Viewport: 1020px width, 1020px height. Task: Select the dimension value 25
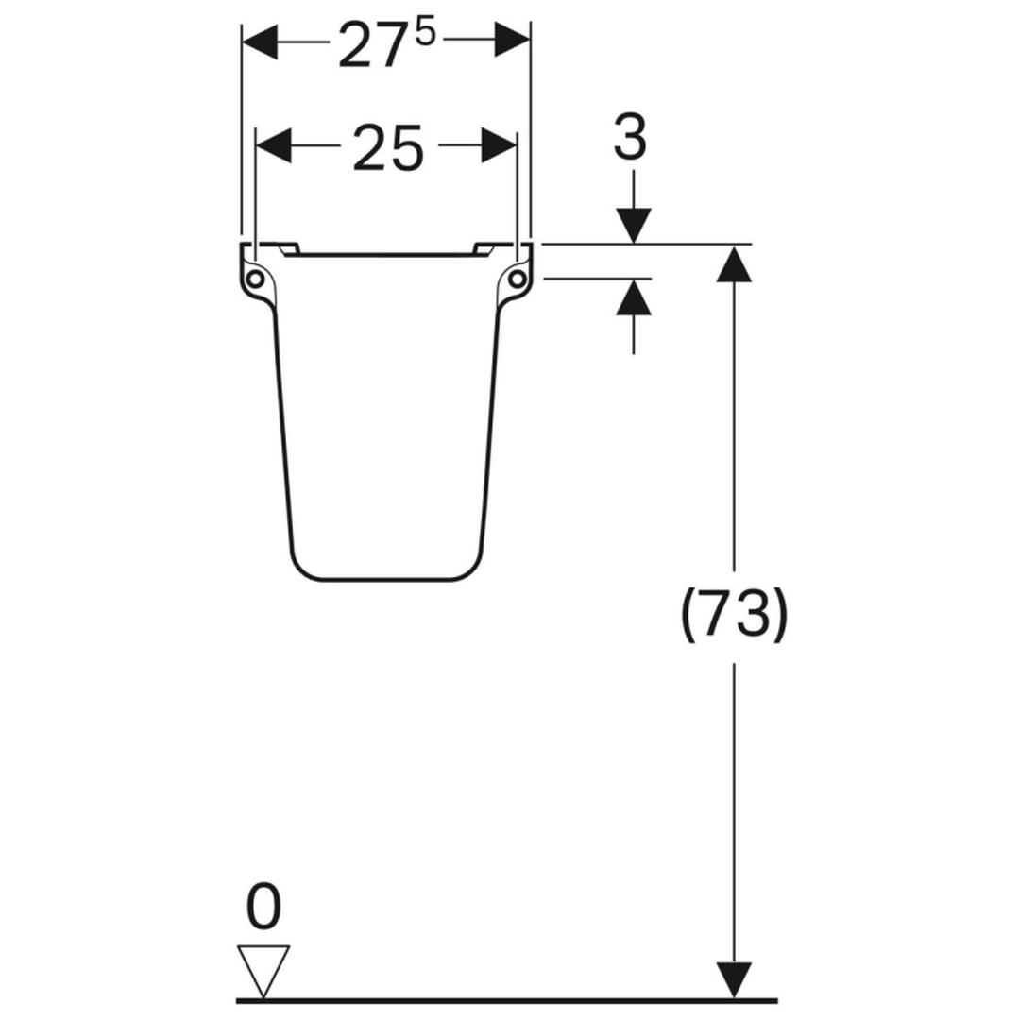click(388, 149)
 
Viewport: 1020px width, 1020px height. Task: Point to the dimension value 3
click(630, 136)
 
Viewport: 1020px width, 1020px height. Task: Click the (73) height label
click(735, 615)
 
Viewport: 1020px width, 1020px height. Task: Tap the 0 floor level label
click(264, 907)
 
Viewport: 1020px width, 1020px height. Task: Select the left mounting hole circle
click(255, 279)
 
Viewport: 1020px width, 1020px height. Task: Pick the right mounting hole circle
click(518, 279)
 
